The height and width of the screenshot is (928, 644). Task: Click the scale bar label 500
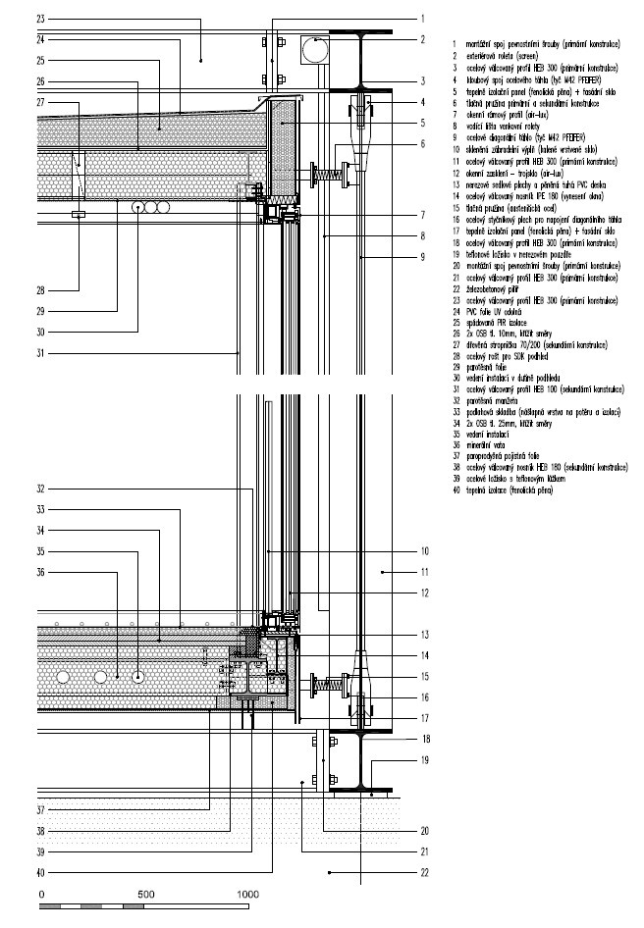coord(144,894)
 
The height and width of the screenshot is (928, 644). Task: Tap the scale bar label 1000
coord(247,894)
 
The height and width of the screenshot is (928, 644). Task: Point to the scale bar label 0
coord(41,894)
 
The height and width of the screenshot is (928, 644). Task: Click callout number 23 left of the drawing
coord(40,19)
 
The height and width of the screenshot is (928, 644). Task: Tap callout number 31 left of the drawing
coord(40,354)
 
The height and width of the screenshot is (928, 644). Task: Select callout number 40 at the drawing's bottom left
coord(40,872)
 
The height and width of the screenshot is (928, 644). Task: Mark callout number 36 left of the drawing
coord(40,571)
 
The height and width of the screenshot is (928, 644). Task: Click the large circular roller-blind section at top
coord(315,49)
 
